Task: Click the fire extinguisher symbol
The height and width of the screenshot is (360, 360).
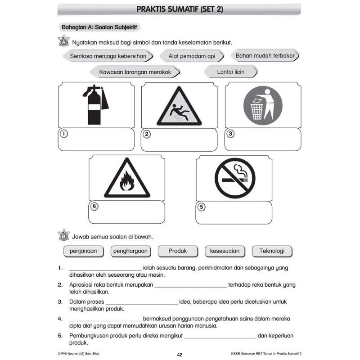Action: tap(95, 104)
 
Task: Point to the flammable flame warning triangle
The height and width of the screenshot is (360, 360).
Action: tap(127, 179)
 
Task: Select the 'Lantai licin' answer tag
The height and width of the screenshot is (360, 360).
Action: tap(231, 72)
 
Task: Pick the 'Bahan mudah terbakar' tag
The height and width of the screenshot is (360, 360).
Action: tap(265, 56)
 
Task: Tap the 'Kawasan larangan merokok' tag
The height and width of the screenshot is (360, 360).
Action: tap(135, 72)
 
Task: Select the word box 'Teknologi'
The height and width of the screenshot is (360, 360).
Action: tap(272, 251)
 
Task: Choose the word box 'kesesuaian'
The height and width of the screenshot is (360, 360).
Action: tap(225, 251)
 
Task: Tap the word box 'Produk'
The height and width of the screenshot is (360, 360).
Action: tap(177, 251)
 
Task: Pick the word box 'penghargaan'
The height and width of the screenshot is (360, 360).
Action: tap(130, 251)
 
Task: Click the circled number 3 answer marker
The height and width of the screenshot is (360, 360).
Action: tap(230, 134)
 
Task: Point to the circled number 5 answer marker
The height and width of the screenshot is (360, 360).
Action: tap(201, 207)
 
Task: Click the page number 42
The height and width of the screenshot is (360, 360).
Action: tap(180, 355)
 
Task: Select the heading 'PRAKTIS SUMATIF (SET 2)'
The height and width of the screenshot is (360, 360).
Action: tap(180, 9)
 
